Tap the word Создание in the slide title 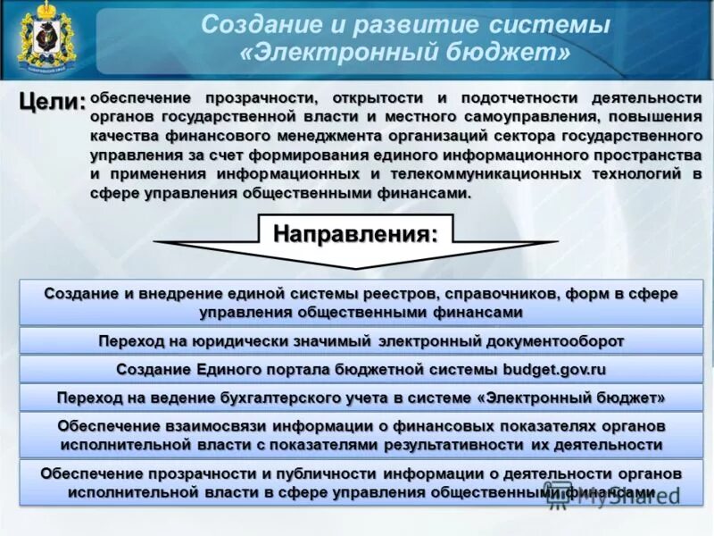point(253,24)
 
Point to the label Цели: point(53,102)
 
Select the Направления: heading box point(355,234)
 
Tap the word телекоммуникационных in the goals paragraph point(488,173)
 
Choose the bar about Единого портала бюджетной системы point(361,369)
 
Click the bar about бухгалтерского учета point(361,397)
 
